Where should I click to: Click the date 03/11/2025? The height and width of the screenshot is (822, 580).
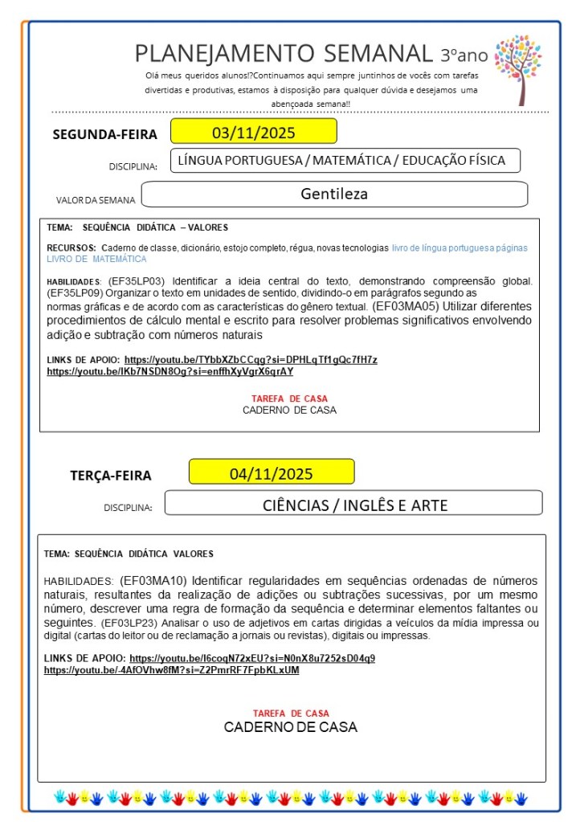tap(253, 132)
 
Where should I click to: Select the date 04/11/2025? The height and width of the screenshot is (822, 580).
tap(272, 472)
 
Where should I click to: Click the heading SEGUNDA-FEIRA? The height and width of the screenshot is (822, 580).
tap(104, 134)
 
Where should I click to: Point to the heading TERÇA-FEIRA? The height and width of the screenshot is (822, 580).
tap(110, 475)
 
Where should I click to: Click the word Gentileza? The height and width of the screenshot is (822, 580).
tap(334, 194)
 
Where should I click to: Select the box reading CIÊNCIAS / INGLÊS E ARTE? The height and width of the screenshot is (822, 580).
tap(354, 505)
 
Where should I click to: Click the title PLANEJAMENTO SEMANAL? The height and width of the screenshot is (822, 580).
tap(284, 54)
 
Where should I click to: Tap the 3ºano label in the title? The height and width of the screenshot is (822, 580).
tap(464, 55)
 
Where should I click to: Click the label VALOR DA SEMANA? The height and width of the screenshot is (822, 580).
tap(95, 199)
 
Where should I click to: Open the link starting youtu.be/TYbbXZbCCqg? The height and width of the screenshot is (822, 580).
tap(251, 359)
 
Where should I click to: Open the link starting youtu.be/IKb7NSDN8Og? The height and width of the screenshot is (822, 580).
tap(170, 371)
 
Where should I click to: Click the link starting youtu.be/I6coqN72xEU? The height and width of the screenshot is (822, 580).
tap(252, 657)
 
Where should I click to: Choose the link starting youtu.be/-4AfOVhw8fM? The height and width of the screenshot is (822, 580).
tap(171, 669)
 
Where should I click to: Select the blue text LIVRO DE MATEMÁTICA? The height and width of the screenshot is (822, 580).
tap(96, 260)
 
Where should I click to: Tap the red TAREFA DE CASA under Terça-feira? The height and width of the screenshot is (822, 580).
tap(290, 713)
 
